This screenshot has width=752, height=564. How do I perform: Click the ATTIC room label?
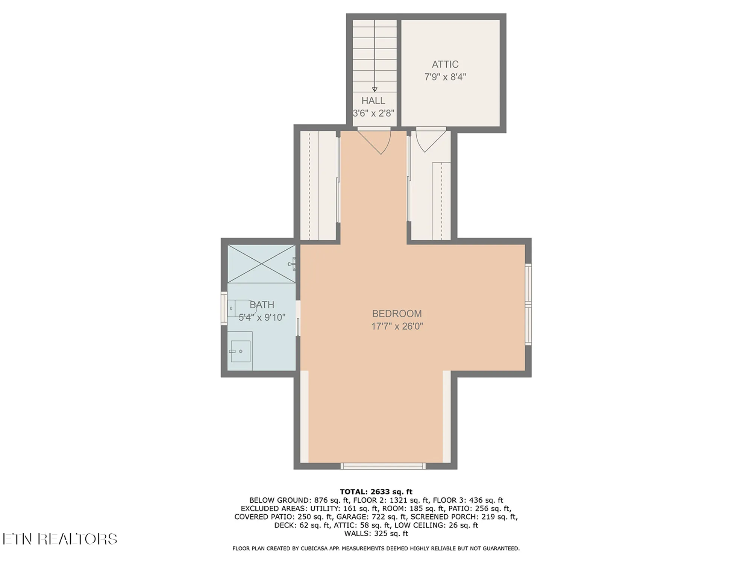click(445, 64)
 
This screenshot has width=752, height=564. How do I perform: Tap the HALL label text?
click(373, 101)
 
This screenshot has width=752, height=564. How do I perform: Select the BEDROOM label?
click(397, 314)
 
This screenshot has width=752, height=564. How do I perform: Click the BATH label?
click(262, 305)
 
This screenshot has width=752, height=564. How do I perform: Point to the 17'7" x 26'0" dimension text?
click(397, 326)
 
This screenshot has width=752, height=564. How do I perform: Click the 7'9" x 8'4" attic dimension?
click(445, 77)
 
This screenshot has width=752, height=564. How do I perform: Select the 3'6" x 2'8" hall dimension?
click(373, 113)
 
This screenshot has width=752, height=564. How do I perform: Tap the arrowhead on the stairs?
click(374, 89)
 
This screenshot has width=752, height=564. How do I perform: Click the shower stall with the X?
click(261, 264)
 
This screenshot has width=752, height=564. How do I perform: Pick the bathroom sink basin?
click(241, 351)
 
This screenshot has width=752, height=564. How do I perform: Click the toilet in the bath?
click(241, 308)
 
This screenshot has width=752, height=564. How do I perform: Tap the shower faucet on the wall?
click(292, 264)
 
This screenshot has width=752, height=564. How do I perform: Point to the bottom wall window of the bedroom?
click(383, 466)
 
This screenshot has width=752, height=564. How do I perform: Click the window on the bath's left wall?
click(224, 309)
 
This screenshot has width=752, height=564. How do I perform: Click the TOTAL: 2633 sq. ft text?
click(376, 492)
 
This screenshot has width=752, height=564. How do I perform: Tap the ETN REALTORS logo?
click(60, 539)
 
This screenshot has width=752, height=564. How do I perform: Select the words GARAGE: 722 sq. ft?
click(371, 517)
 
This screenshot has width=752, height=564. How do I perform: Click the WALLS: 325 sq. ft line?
click(376, 534)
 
